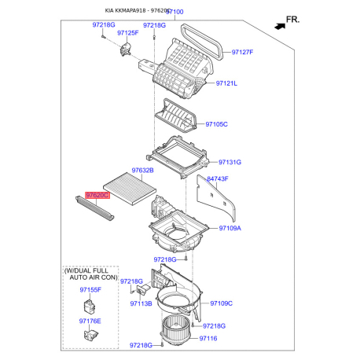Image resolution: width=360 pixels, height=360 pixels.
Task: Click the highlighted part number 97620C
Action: pos(97,193)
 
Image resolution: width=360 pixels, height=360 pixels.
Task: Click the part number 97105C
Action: pos(217,124)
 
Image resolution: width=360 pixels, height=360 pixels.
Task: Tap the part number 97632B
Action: pos(142,170)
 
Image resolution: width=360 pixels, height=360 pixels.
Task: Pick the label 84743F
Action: pos(218,179)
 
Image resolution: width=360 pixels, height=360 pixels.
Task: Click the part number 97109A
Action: pos(230,228)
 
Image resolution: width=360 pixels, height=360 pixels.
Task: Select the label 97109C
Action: pos(222,303)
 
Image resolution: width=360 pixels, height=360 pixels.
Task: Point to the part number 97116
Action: pos(208,338)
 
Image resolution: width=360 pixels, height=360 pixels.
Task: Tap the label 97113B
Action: pos(141,303)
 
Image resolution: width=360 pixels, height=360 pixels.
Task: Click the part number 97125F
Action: pos(128,33)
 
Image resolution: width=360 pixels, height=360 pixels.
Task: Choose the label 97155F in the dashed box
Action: pos(90,289)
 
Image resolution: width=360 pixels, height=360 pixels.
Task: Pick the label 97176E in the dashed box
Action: pos(90,321)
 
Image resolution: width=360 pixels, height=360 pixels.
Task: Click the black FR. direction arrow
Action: pos(279,25)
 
